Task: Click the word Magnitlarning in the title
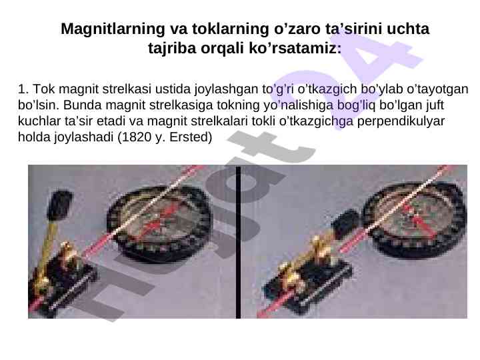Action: pyautogui.click(x=113, y=29)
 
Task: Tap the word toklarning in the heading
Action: pyautogui.click(x=230, y=29)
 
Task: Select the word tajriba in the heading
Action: pyautogui.click(x=172, y=49)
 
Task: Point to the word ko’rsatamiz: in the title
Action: pyautogui.click(x=295, y=48)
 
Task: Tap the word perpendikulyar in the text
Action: pyautogui.click(x=401, y=121)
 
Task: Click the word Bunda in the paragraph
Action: pyautogui.click(x=82, y=105)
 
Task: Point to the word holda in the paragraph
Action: pyautogui.click(x=34, y=137)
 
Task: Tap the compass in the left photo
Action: pyautogui.click(x=159, y=223)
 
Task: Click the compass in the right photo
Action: pyautogui.click(x=415, y=219)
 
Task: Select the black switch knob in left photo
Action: pyautogui.click(x=60, y=205)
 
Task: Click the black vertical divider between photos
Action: pyautogui.click(x=238, y=242)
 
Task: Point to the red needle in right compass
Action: pyautogui.click(x=419, y=220)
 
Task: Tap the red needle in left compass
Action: pyautogui.click(x=157, y=221)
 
